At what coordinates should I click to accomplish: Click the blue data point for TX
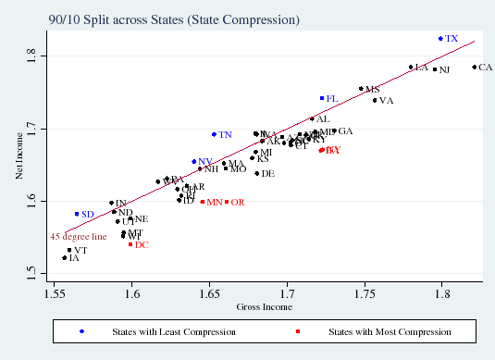tap(440, 39)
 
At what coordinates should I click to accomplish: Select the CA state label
tap(485, 68)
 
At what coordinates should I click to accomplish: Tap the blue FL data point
tap(322, 98)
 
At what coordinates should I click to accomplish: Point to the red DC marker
tap(130, 244)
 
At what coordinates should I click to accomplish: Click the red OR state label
tap(238, 202)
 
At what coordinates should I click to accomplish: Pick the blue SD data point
tap(77, 214)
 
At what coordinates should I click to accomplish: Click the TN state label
tap(225, 134)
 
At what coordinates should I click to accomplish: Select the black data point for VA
tap(375, 100)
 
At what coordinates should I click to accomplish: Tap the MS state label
tap(372, 90)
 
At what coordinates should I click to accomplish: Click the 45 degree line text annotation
tap(78, 236)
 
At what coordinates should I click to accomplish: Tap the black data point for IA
tap(65, 258)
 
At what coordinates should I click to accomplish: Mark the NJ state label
tap(444, 70)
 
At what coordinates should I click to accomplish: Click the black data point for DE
tap(257, 173)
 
